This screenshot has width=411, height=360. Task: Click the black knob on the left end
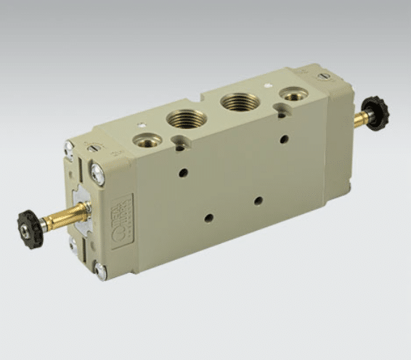[30, 229]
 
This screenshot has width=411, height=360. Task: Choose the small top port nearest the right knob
[294, 94]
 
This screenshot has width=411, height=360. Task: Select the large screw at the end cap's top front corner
[97, 172]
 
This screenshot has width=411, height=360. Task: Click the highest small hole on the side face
[284, 139]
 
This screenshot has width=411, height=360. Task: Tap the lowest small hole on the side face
[208, 217]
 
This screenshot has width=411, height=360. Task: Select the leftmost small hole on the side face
[183, 173]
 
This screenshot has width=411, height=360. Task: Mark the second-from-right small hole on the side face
[258, 200]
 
